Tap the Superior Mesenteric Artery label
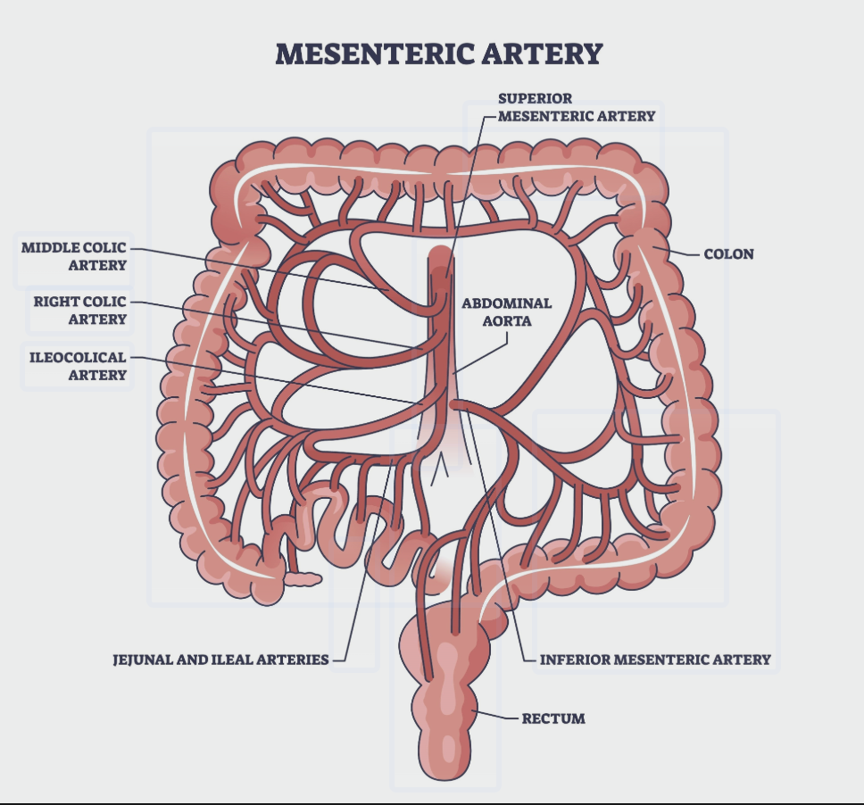tap(576, 106)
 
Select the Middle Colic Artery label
tap(74, 255)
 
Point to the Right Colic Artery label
tap(80, 310)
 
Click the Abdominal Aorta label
tap(506, 311)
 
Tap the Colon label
tap(728, 254)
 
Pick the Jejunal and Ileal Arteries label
tap(220, 660)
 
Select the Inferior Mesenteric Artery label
tap(655, 660)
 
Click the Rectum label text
tap(553, 718)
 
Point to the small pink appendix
tap(303, 579)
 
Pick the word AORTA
tap(506, 320)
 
